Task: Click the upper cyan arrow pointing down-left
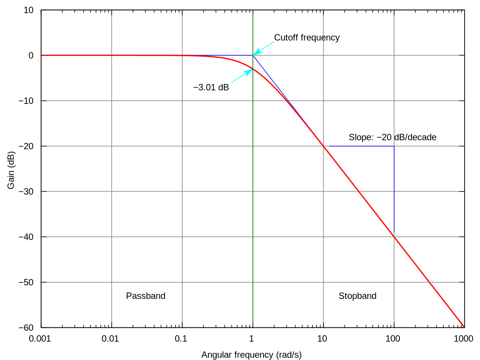click(263, 48)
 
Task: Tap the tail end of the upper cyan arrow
click(274, 42)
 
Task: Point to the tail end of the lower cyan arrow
click(232, 82)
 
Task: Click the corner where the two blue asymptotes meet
click(253, 55)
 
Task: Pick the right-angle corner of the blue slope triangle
click(394, 146)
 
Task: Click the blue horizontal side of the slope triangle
click(360, 146)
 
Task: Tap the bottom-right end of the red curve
click(464, 326)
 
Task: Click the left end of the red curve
click(42, 55)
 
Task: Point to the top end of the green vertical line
click(253, 11)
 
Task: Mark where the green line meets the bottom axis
click(253, 327)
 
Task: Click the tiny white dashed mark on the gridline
click(323, 38)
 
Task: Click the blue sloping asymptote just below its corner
click(262, 67)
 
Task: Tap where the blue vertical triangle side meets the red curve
click(394, 236)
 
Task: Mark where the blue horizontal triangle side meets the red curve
click(324, 146)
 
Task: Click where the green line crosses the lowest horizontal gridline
click(253, 282)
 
